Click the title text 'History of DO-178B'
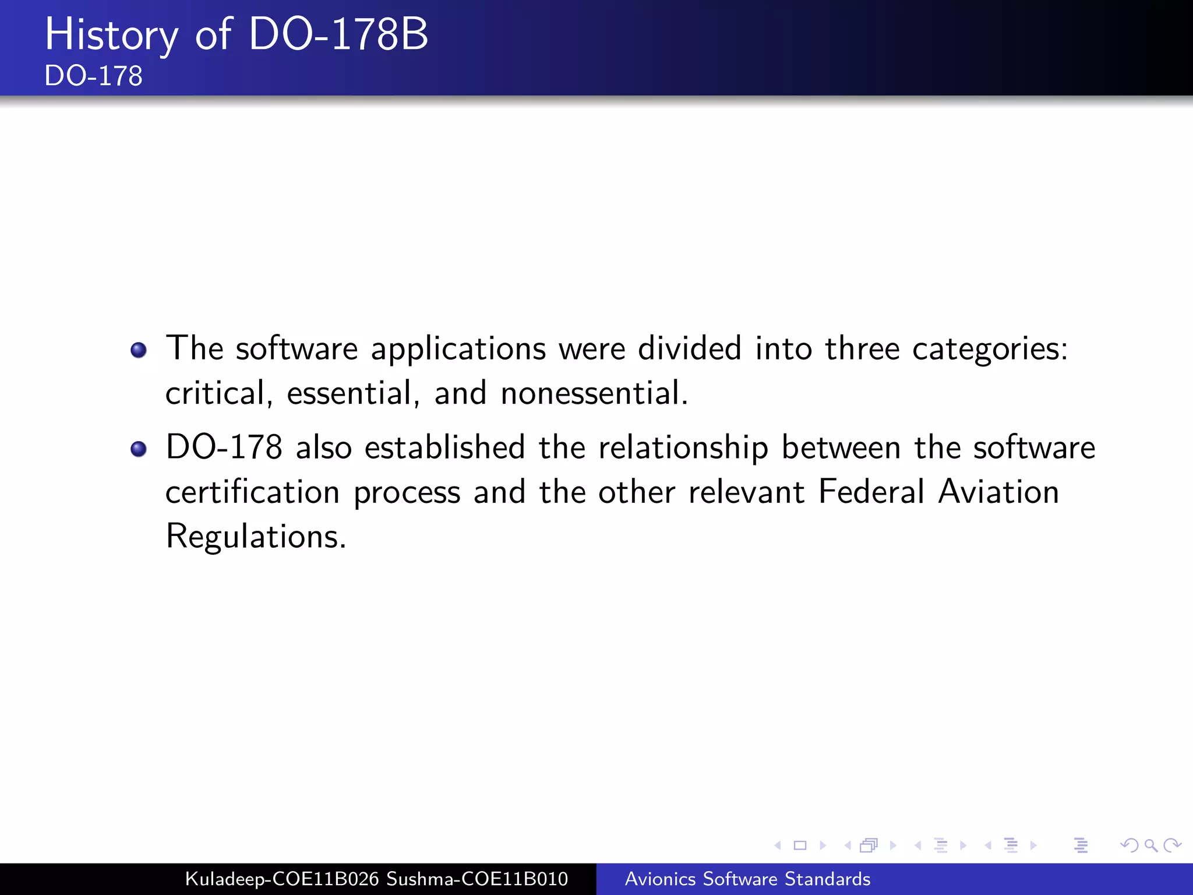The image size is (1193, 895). [237, 35]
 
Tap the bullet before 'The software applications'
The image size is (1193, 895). [139, 350]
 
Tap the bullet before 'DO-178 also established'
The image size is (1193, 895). [139, 449]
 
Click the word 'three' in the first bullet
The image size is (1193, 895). [862, 349]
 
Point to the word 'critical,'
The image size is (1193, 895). [219, 393]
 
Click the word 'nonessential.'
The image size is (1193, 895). [594, 393]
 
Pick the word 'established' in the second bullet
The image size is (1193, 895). [445, 448]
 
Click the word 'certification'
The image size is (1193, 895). [252, 492]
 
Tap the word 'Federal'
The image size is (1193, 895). [871, 492]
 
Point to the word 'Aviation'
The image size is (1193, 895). [998, 492]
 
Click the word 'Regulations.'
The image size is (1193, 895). [256, 537]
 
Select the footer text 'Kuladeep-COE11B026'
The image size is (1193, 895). [282, 879]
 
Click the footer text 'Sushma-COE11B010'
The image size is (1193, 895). [477, 879]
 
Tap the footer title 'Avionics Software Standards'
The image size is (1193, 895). [747, 879]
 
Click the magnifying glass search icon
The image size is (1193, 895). [1150, 845]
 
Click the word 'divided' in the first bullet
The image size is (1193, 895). [690, 349]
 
